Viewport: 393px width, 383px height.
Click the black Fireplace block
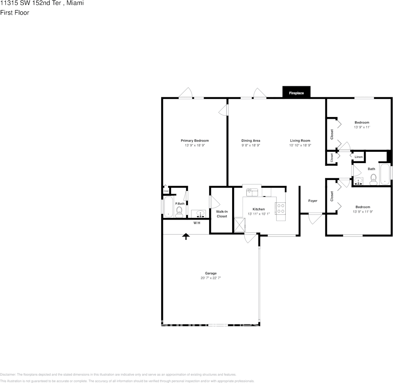click(296, 93)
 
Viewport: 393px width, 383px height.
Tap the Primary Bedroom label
click(194, 140)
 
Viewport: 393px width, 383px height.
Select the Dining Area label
click(251, 140)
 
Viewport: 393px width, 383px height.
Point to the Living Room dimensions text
click(300, 145)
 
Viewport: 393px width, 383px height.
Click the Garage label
click(211, 273)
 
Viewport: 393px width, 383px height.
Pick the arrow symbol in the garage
click(186, 236)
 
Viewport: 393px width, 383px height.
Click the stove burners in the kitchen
click(280, 208)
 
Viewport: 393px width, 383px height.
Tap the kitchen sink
click(252, 191)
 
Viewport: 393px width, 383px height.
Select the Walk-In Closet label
click(222, 214)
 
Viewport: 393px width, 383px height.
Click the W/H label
click(197, 223)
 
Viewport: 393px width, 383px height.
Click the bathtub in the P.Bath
click(168, 207)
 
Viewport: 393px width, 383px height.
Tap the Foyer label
click(312, 201)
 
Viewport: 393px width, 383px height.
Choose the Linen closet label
click(358, 157)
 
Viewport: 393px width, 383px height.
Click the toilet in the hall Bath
click(373, 179)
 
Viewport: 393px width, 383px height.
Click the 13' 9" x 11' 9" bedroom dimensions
click(362, 211)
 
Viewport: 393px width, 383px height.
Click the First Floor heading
click(15, 13)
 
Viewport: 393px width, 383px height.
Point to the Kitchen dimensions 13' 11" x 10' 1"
click(258, 214)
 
